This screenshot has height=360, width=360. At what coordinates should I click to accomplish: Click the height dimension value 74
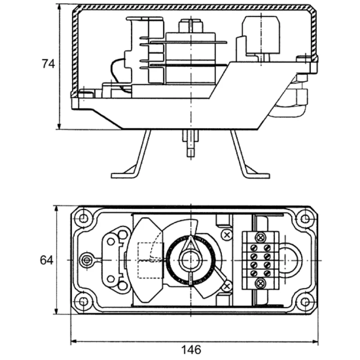click(x=48, y=64)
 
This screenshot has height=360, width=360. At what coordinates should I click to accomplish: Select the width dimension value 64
click(x=46, y=260)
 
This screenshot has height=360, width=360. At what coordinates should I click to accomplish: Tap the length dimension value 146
click(x=191, y=349)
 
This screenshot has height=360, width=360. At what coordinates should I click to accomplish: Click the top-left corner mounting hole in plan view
click(x=83, y=220)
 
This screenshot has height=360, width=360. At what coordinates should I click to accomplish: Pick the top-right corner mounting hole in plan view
click(x=305, y=219)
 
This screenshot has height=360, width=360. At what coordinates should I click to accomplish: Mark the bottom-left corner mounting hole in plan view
click(x=83, y=301)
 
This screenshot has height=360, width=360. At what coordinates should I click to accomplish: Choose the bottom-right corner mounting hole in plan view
click(x=305, y=301)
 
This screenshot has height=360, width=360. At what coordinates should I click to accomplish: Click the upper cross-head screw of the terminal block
click(x=260, y=237)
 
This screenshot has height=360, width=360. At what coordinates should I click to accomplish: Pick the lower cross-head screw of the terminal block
click(x=260, y=283)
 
